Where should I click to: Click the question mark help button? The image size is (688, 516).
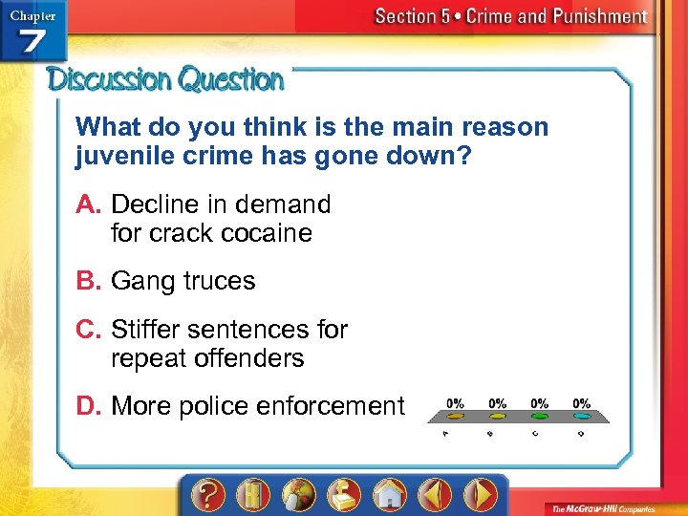(209, 495)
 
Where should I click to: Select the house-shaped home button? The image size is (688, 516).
(390, 495)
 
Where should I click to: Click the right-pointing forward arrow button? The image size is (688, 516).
(480, 495)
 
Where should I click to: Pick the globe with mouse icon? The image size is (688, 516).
(299, 495)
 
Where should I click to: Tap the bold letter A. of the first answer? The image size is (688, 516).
(91, 204)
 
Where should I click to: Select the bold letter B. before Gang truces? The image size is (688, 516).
(91, 281)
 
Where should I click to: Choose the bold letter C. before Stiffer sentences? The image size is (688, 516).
(91, 330)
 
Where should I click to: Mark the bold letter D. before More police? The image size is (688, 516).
(91, 406)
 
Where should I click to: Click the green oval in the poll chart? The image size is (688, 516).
(540, 417)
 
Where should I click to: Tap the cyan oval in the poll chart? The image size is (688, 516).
(582, 417)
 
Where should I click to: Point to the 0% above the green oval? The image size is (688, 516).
(540, 403)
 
